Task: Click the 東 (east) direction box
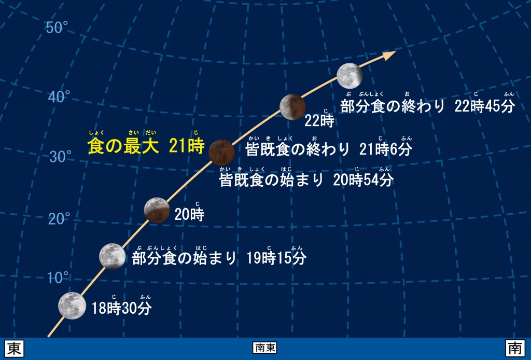tap(15, 348)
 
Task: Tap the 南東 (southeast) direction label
tap(265, 348)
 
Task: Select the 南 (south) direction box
tap(515, 348)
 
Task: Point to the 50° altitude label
tap(57, 27)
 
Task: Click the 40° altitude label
tap(59, 97)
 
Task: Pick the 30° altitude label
tap(60, 157)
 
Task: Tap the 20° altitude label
tap(59, 219)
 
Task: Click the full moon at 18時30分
tap(72, 306)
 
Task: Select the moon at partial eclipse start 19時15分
tap(112, 256)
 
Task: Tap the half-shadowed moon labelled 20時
tap(157, 210)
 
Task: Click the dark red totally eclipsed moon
tap(221, 153)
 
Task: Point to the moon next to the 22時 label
tap(292, 107)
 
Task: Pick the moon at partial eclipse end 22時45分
tap(350, 76)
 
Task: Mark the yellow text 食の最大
tap(123, 146)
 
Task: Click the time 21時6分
tap(386, 149)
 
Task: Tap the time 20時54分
tap(363, 180)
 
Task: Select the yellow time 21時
tap(187, 146)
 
